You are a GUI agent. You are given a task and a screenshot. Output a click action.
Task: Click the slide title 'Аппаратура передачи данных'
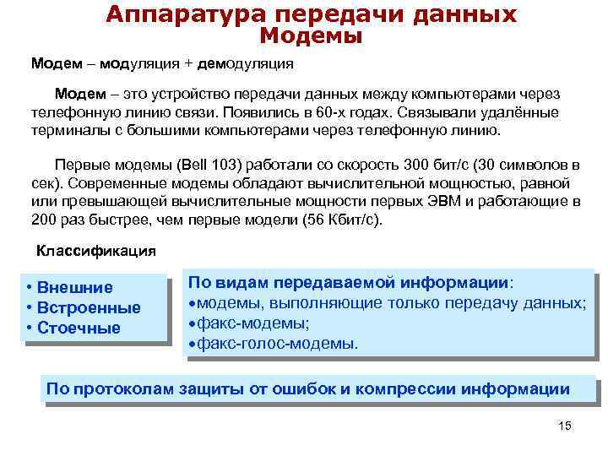(x=311, y=14)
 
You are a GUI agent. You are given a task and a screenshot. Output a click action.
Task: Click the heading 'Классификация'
(x=95, y=251)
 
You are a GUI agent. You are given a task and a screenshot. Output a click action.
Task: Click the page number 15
(x=565, y=425)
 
